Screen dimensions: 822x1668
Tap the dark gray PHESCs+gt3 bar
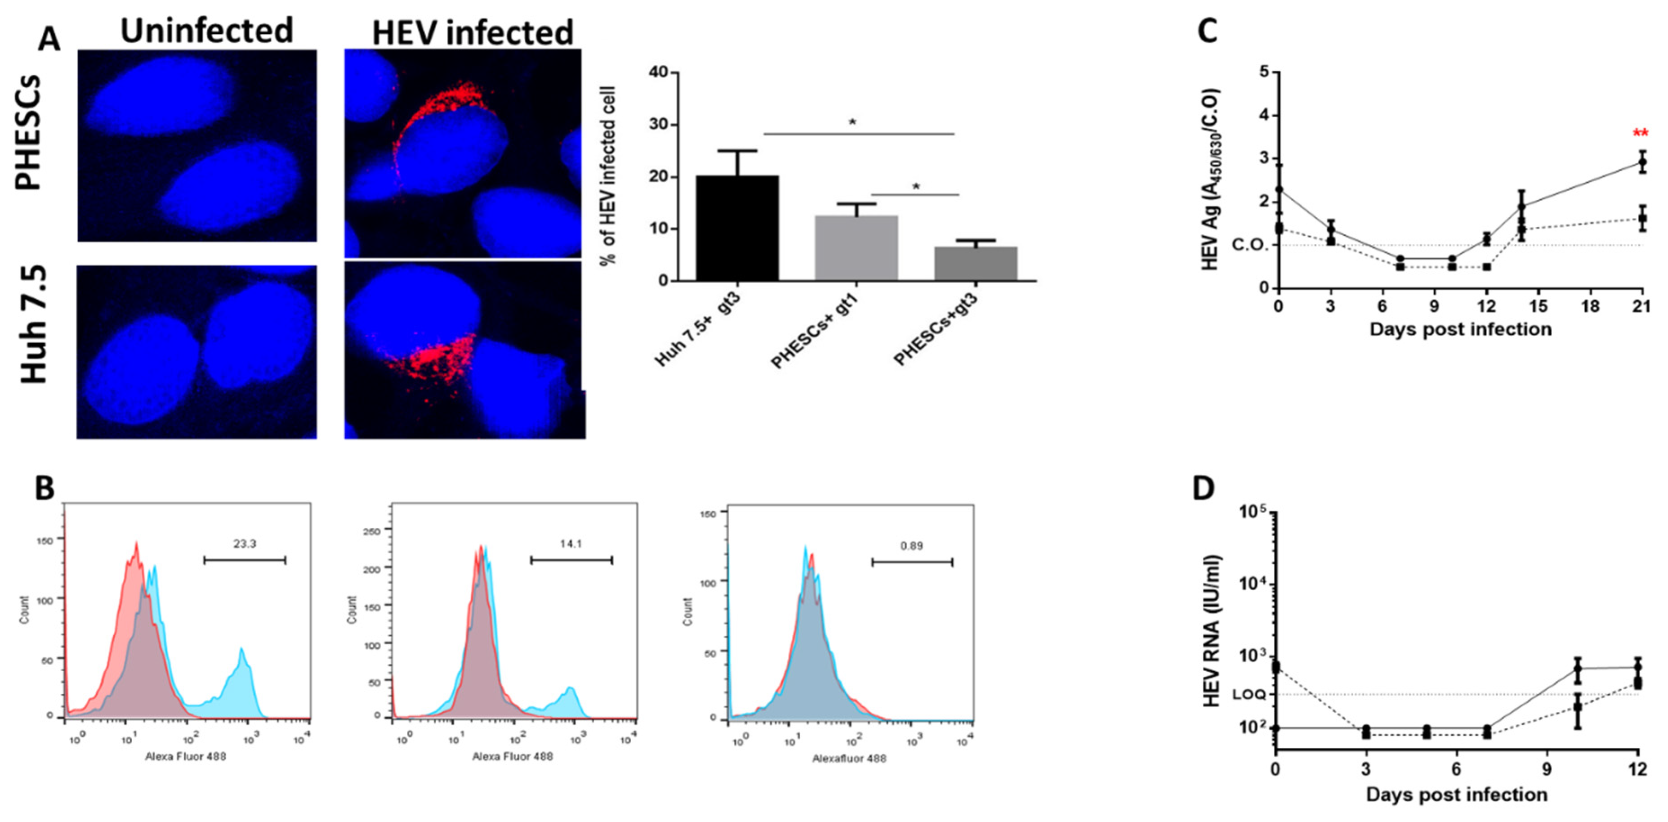pyautogui.click(x=976, y=264)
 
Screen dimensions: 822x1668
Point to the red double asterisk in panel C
pyautogui.click(x=1640, y=134)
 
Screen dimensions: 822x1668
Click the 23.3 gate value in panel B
pyautogui.click(x=244, y=544)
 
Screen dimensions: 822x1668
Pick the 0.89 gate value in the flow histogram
pyautogui.click(x=911, y=546)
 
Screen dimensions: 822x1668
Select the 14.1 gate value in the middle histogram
pyautogui.click(x=571, y=544)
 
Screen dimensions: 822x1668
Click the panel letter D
pyautogui.click(x=1203, y=489)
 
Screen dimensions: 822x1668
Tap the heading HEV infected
pyautogui.click(x=472, y=32)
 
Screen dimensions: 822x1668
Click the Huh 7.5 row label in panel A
pyautogui.click(x=34, y=324)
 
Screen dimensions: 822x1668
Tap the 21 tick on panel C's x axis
pyautogui.click(x=1640, y=306)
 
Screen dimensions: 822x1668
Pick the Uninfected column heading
pyautogui.click(x=206, y=31)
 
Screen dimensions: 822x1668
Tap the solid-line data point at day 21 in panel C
pyautogui.click(x=1642, y=162)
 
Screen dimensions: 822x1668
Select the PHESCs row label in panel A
pyautogui.click(x=29, y=133)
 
